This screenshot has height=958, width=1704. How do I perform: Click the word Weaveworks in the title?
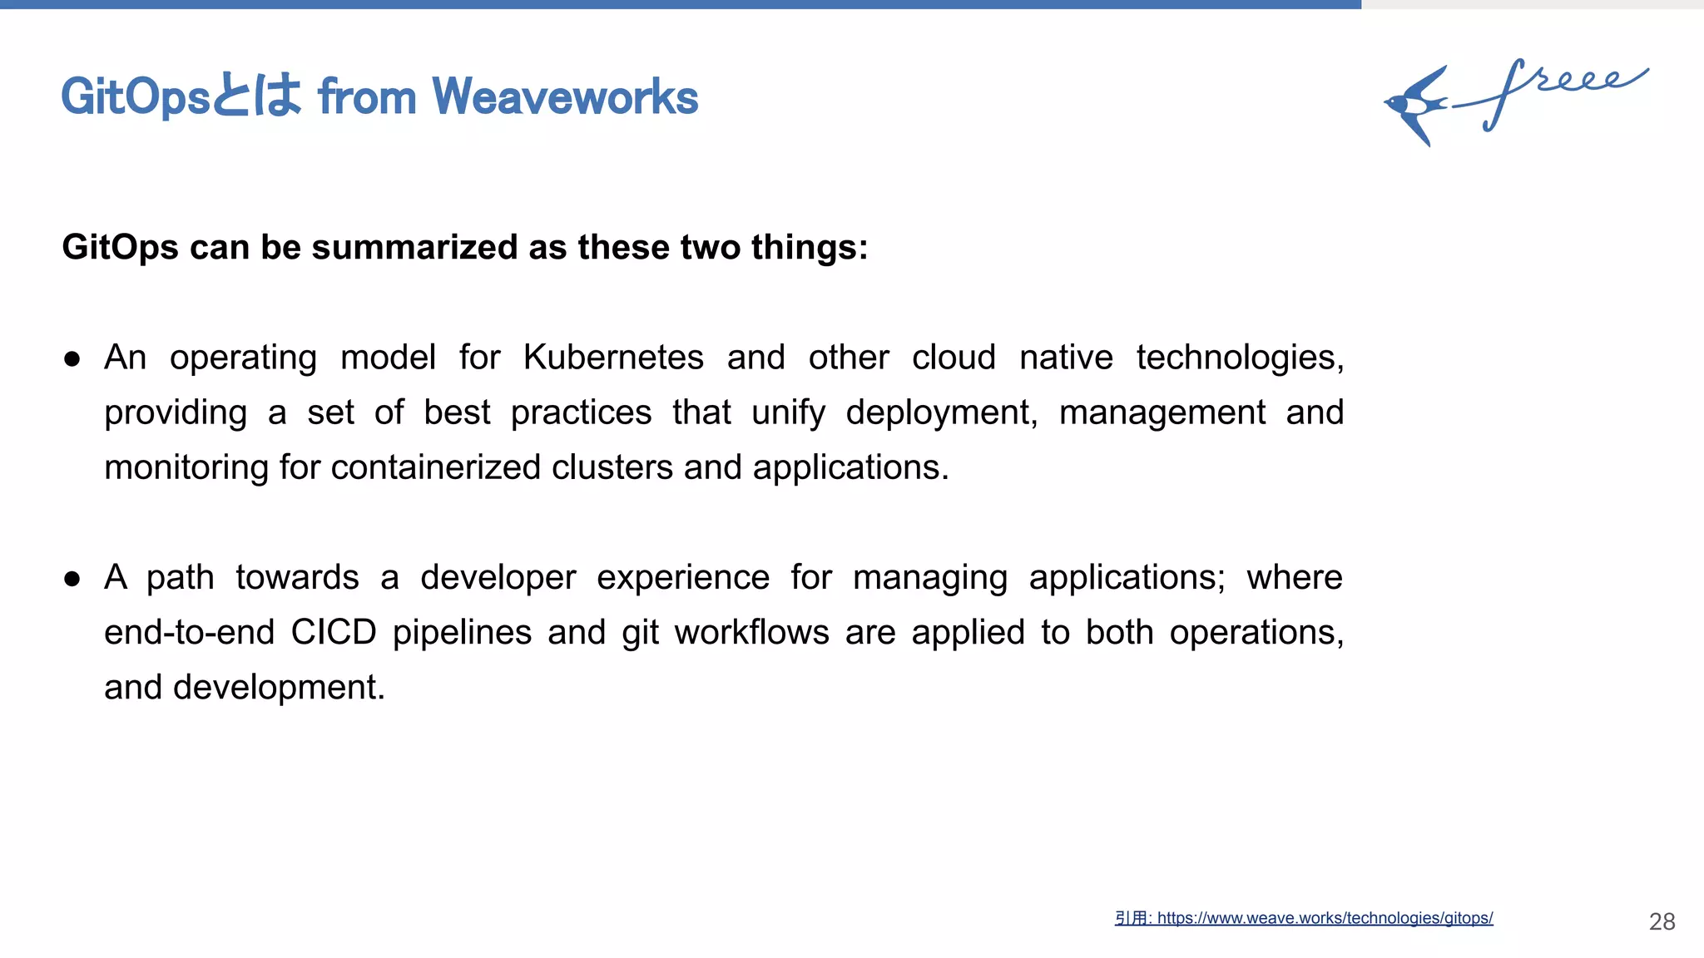click(x=565, y=97)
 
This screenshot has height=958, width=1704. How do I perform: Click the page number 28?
click(x=1662, y=921)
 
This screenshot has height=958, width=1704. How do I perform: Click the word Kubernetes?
click(x=613, y=358)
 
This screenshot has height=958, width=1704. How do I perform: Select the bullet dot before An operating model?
click(x=72, y=358)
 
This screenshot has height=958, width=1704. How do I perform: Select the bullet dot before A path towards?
click(x=72, y=578)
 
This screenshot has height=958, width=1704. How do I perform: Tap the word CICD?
click(x=334, y=632)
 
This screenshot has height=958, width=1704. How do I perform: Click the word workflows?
click(x=751, y=632)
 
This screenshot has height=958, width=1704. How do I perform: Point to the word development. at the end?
click(x=279, y=687)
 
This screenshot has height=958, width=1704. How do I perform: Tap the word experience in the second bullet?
click(x=682, y=577)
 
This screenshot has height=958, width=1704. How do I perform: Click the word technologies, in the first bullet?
click(x=1240, y=358)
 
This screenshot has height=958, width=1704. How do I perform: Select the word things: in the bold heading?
click(x=809, y=247)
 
